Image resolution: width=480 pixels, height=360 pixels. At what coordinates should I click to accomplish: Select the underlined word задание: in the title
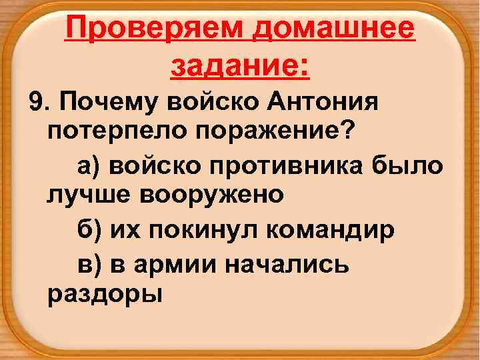[240, 67]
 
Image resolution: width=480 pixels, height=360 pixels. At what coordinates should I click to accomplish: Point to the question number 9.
[37, 103]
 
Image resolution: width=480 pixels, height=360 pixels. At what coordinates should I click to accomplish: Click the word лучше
[85, 195]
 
